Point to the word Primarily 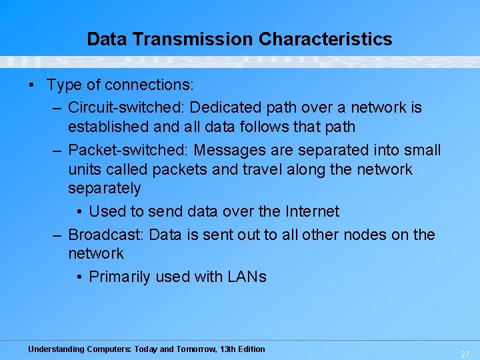[120, 277]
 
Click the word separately [105, 188]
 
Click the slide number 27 [465, 355]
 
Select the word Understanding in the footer [56, 349]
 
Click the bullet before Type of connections [32, 85]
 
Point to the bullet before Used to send [79, 212]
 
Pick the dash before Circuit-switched [58, 107]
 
